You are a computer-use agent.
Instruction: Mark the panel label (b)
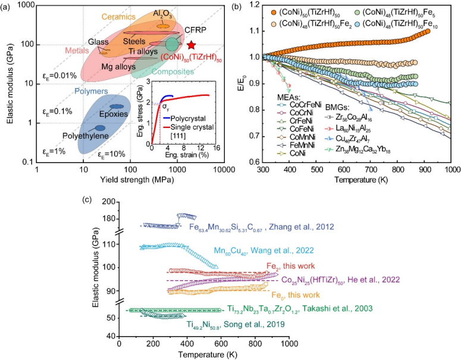pos(236,7)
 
